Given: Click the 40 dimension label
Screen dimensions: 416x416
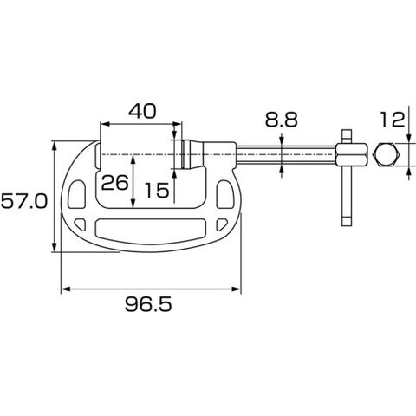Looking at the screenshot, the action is click(142, 111).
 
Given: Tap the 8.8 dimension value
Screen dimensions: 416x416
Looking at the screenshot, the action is click(281, 120).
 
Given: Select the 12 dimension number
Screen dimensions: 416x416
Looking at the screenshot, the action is click(392, 120).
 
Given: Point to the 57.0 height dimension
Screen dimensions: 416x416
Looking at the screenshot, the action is click(23, 201).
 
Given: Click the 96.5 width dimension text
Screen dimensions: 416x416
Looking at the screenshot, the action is click(148, 304).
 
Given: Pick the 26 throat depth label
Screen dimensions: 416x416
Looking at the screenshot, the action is click(114, 183).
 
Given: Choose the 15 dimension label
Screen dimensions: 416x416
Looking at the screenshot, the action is click(157, 191).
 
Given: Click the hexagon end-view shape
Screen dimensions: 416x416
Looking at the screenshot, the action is click(387, 154).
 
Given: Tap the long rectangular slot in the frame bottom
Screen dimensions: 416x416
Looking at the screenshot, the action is click(150, 231).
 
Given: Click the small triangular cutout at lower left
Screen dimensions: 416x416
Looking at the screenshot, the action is click(81, 224).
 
